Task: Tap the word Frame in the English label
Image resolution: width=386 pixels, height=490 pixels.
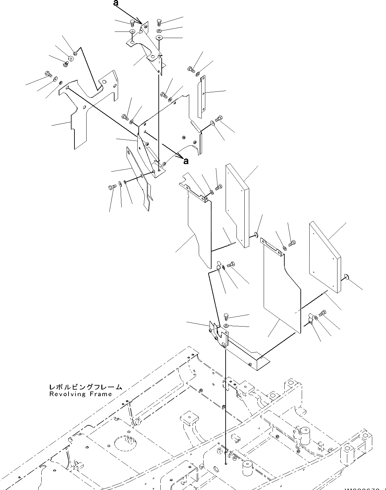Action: click(x=101, y=394)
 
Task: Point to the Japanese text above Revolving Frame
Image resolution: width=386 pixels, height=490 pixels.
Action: click(x=85, y=387)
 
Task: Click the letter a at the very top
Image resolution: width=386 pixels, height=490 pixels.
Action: click(x=115, y=3)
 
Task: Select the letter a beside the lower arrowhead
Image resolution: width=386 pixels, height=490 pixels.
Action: click(x=186, y=161)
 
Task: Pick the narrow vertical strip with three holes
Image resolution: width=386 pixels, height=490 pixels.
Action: click(x=201, y=97)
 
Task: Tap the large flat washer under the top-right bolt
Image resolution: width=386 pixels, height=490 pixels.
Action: click(x=159, y=37)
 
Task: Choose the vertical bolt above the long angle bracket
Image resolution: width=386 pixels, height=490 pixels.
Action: click(x=226, y=317)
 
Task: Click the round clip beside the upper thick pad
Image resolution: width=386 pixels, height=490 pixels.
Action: click(x=256, y=234)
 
